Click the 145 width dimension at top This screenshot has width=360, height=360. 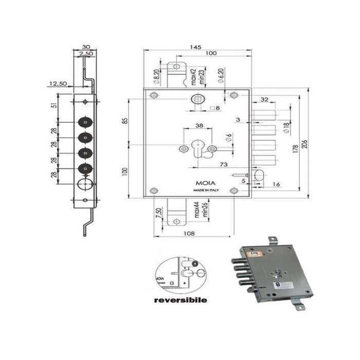click(x=195, y=47)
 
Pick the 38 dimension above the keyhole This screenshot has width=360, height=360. click(x=199, y=125)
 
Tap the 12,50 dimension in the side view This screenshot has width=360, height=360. click(x=58, y=83)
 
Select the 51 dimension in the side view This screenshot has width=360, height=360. click(x=54, y=106)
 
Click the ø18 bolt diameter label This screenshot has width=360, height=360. click(x=286, y=128)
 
